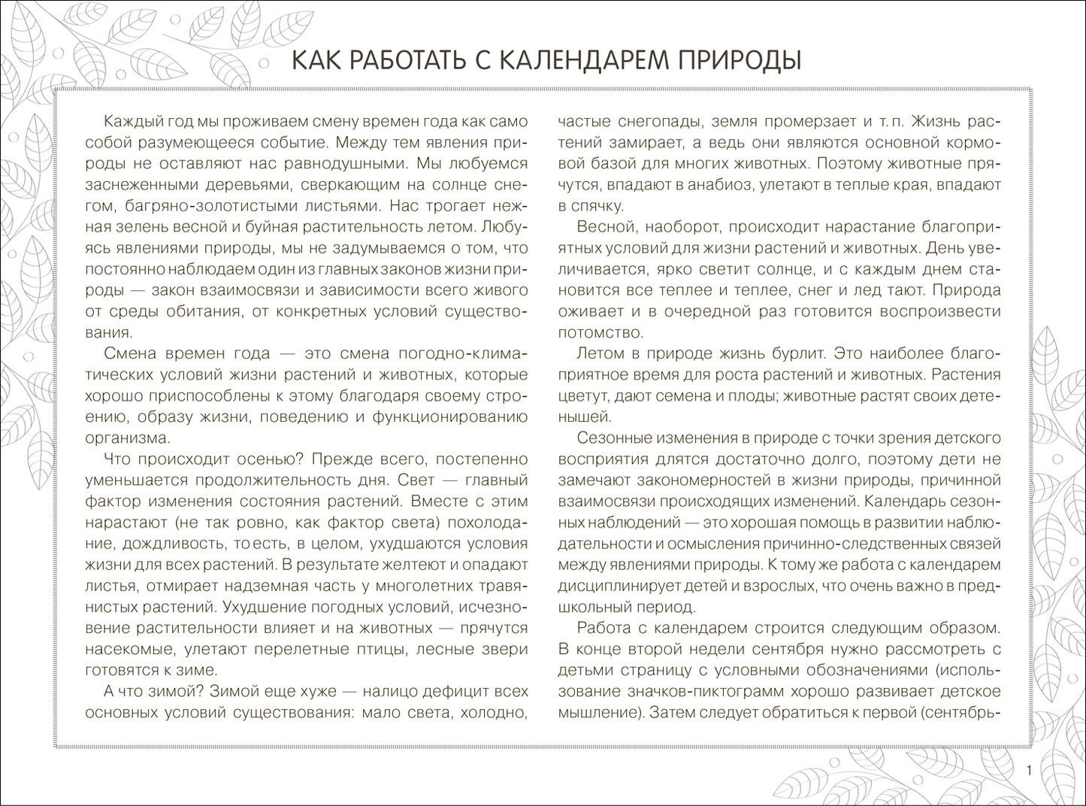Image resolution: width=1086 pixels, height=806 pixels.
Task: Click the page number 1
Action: coord(1029,771)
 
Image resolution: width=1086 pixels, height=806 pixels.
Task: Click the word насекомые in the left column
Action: coord(122,648)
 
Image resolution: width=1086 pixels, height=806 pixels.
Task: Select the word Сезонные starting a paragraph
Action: coord(612,438)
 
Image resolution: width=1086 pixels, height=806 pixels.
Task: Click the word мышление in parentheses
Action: coord(597,711)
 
